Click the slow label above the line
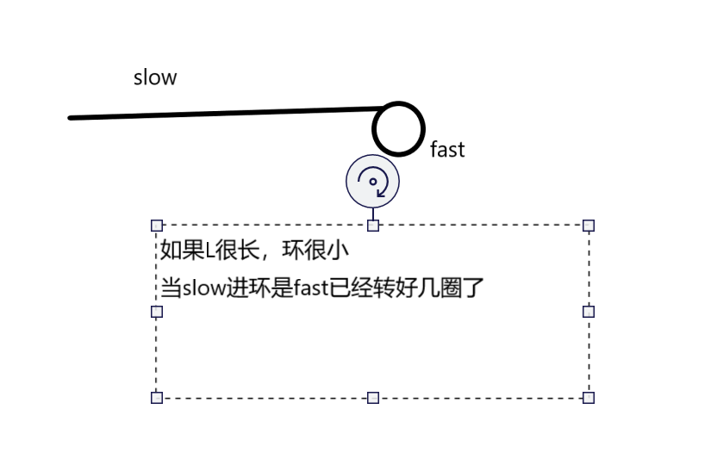[x=155, y=78]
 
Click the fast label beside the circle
[x=447, y=150]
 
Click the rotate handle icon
[x=373, y=182]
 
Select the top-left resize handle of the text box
[x=157, y=226]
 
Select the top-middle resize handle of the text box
[x=373, y=226]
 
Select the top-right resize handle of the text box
[x=589, y=226]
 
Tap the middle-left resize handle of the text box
[x=157, y=312]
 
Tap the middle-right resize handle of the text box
[x=589, y=312]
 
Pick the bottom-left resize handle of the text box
[x=157, y=397]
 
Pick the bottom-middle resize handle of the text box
[x=373, y=397]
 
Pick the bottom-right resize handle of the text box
[x=589, y=397]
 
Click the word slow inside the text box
[x=203, y=288]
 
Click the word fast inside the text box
[x=310, y=288]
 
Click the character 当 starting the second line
[x=171, y=288]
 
